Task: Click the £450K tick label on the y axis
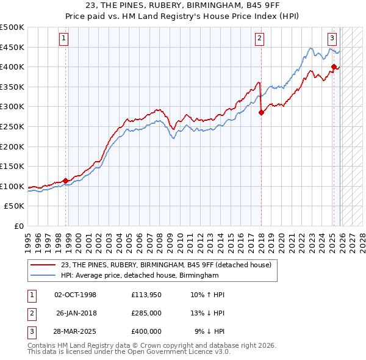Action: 12,47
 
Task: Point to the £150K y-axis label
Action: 12,166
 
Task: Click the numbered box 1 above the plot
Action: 65,38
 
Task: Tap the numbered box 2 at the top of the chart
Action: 259,38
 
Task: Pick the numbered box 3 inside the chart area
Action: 332,38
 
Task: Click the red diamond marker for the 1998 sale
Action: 65,181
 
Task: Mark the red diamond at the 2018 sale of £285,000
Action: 261,112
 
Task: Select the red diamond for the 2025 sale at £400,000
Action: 334,67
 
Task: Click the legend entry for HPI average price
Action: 140,276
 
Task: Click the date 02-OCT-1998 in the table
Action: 75,295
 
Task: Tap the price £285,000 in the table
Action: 146,313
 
